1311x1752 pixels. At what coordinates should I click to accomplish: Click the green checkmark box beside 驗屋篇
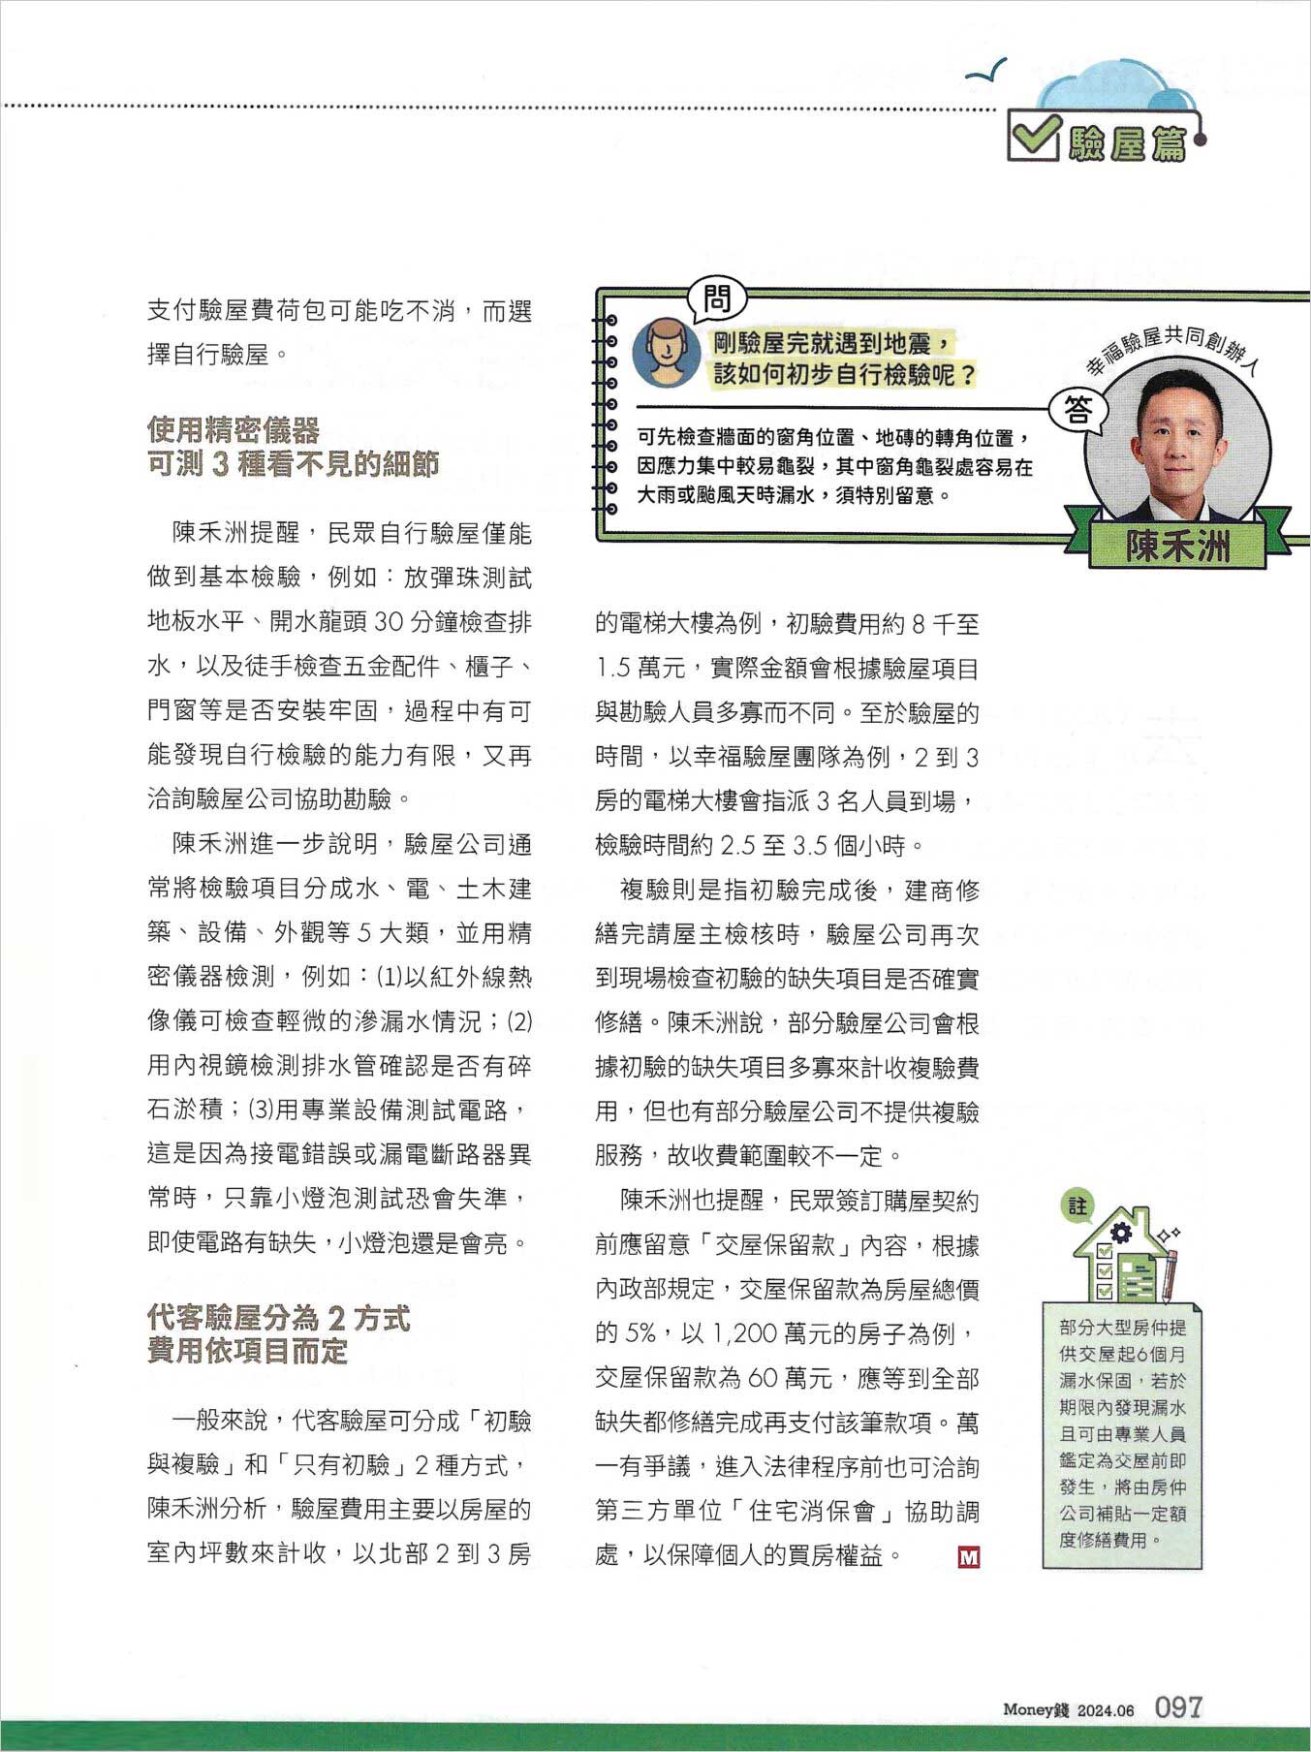1034,137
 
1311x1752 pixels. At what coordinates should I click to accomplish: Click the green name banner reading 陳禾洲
1176,547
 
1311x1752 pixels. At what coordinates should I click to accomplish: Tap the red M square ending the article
968,1556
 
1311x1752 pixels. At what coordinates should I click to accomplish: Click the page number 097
1177,1706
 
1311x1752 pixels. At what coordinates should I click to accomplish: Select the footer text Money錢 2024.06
1068,1710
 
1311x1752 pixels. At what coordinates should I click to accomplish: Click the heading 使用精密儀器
234,429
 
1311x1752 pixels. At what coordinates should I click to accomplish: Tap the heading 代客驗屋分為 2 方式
279,1318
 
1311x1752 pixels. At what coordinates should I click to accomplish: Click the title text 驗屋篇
1127,143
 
